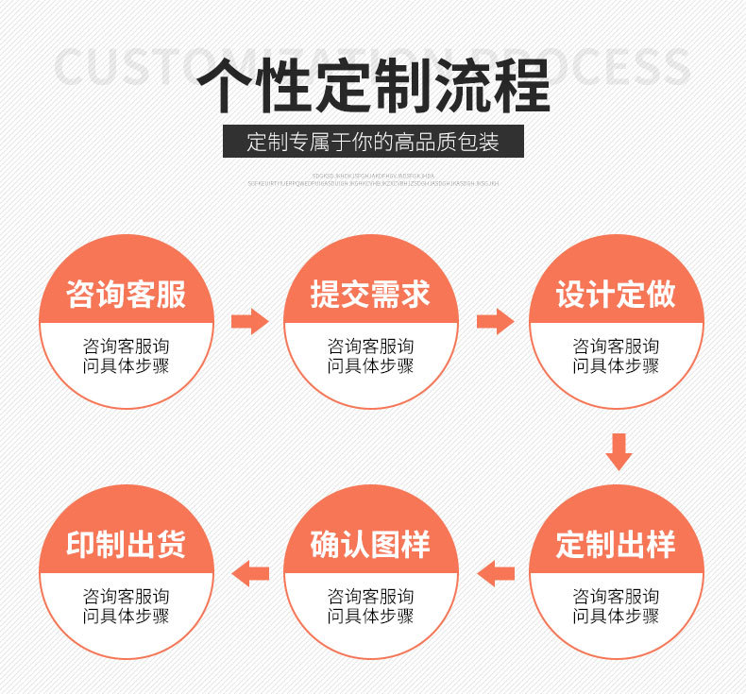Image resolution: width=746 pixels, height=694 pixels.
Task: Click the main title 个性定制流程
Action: (373, 87)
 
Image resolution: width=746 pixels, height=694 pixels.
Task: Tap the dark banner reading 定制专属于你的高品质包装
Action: (373, 144)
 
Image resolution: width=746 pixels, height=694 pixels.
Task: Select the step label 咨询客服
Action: (127, 294)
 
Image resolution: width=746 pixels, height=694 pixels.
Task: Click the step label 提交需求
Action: (371, 294)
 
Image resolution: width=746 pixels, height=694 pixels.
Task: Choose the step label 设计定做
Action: (616, 294)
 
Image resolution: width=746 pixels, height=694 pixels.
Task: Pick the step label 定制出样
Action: (616, 545)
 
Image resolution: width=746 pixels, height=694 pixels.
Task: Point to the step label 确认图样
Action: (371, 545)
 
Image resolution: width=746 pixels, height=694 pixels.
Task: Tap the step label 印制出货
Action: (127, 545)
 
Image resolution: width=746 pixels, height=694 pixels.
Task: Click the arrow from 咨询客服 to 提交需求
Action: (249, 321)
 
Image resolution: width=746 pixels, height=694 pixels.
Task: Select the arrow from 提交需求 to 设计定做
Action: (494, 321)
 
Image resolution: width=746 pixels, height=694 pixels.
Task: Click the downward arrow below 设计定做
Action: (619, 450)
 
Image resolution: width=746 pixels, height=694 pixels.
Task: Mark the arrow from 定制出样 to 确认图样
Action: (495, 572)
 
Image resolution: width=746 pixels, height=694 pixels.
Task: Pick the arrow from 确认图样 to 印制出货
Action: (250, 572)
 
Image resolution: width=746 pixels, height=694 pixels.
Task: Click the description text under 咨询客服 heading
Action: (127, 356)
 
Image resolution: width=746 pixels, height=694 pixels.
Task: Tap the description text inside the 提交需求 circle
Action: (371, 356)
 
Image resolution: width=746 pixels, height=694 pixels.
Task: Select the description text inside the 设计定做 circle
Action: (616, 356)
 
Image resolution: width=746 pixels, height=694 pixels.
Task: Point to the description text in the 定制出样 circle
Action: (616, 606)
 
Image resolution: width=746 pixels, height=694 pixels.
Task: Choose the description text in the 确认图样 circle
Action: (371, 606)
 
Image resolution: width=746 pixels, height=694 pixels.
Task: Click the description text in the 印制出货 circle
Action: (127, 606)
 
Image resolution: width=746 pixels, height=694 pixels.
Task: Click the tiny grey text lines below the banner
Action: (373, 179)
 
